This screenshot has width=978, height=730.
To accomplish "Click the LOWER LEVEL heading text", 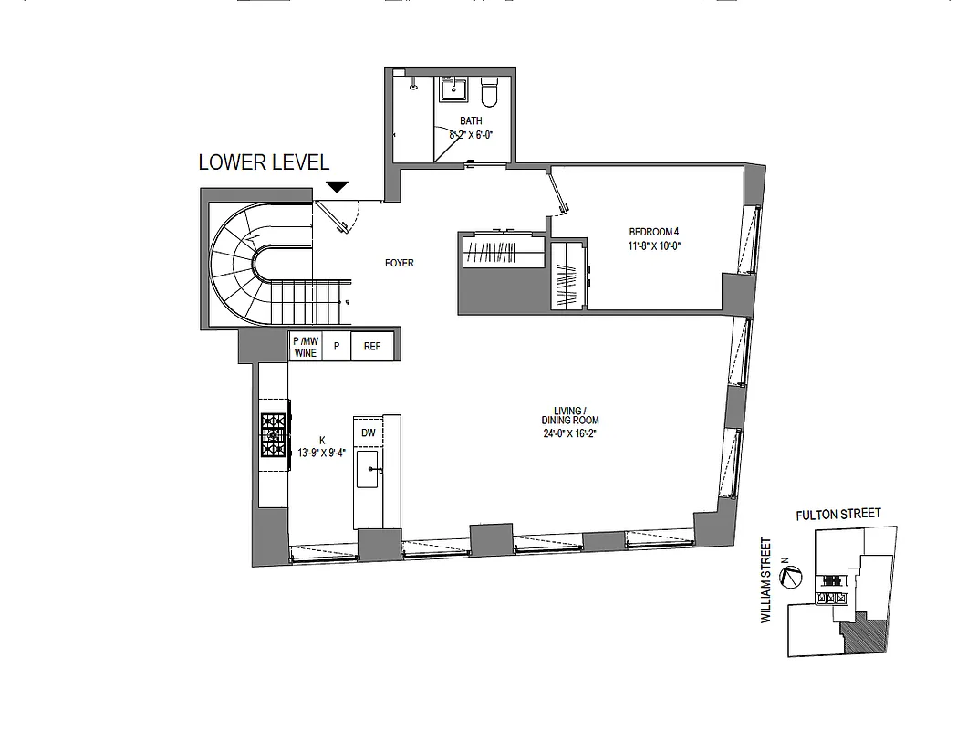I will tap(264, 162).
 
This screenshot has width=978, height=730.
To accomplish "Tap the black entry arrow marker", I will tap(338, 187).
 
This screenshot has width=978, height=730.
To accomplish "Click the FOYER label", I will tap(400, 263).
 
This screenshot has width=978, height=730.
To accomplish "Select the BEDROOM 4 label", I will tap(655, 232).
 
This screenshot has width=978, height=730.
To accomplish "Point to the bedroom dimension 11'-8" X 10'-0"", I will tap(655, 245).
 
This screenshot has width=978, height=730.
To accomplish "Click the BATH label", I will tap(471, 120).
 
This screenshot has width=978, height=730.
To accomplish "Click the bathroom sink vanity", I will tap(453, 89).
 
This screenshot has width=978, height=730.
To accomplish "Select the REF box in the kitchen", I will tap(372, 347).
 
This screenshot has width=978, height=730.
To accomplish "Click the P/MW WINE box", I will tap(305, 347).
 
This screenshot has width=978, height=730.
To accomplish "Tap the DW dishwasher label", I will tap(368, 433).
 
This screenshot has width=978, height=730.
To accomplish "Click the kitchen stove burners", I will tap(274, 435).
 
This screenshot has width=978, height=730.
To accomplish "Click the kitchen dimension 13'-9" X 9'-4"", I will tap(322, 451).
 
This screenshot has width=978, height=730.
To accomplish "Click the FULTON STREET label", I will tap(838, 514).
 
